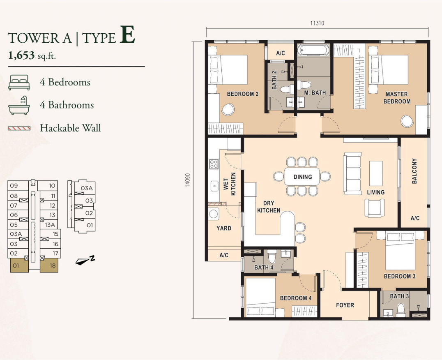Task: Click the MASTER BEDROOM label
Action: [x=397, y=97]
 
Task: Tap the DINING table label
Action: [x=303, y=177]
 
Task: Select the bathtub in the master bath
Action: [x=313, y=50]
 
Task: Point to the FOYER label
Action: [x=345, y=305]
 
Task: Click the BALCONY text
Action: [x=414, y=171]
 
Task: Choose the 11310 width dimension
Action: [x=317, y=23]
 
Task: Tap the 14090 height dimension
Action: [x=188, y=180]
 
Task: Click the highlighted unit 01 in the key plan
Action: [x=19, y=266]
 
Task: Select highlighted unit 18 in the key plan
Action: [x=49, y=266]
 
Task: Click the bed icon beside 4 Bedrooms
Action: [x=19, y=82]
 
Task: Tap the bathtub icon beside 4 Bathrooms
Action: [x=19, y=105]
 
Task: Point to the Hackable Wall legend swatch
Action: [x=19, y=129]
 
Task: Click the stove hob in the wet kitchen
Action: [x=214, y=164]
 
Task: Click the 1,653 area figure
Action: [x=21, y=55]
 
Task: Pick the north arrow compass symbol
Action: [x=85, y=261]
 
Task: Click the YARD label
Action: [x=224, y=228]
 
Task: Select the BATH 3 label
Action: [x=399, y=296]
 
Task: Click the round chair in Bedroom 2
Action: [x=228, y=109]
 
